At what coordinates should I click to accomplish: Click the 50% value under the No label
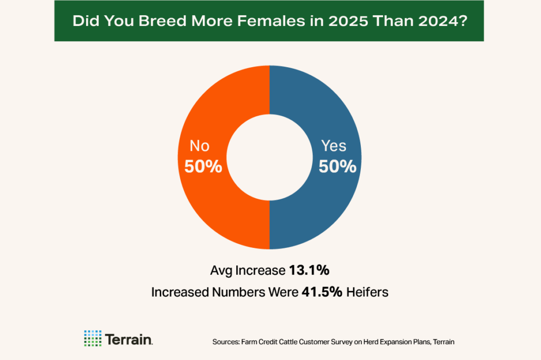[x=203, y=167]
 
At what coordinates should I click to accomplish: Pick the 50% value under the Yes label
[x=338, y=167]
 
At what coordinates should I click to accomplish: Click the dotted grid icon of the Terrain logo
[x=92, y=338]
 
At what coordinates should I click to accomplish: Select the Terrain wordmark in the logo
[x=129, y=338]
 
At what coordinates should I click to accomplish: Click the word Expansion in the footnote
[x=391, y=342]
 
